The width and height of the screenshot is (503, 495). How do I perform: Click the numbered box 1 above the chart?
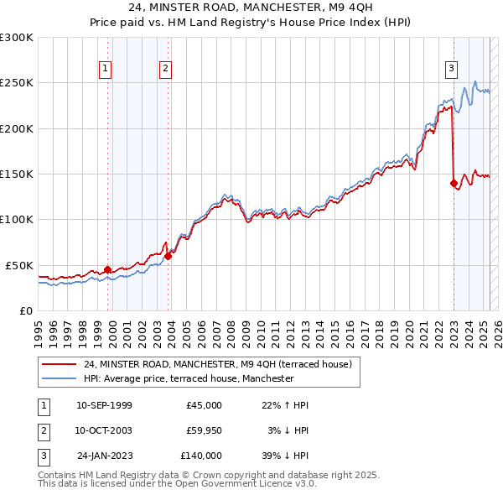[x=106, y=69]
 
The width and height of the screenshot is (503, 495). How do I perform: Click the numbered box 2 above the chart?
[x=166, y=69]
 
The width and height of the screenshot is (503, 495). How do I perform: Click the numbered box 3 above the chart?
[x=451, y=69]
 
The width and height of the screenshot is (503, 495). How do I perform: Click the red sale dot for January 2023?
[x=454, y=183]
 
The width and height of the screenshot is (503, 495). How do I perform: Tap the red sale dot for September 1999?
[x=107, y=269]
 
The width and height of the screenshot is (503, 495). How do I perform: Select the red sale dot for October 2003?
[x=168, y=256]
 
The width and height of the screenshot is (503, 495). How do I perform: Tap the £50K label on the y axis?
[x=20, y=265]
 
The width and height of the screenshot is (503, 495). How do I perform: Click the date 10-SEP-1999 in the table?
[x=104, y=405]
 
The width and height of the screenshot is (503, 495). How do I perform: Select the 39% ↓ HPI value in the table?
[x=284, y=456]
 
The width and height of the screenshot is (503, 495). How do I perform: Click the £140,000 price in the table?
[x=201, y=456]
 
